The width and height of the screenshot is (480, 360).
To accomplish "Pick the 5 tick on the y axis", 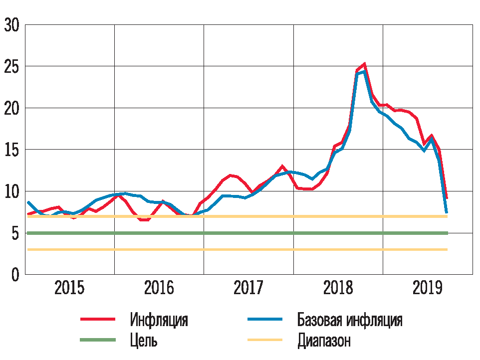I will [15, 233].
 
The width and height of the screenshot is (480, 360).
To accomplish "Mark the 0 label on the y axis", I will [15, 275].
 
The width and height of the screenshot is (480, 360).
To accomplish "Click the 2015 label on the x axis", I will [69, 289].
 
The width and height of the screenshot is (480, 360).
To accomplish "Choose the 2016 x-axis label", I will [159, 289].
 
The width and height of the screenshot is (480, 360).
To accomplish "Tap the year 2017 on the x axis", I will [248, 289].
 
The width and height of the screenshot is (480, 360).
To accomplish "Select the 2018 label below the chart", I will [338, 289].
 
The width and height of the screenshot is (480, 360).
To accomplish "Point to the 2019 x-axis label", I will [428, 289].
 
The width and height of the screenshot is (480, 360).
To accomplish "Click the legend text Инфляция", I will [159, 320].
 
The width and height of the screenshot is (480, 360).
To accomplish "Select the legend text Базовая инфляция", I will [349, 320].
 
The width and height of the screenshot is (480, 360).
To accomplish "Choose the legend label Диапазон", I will [324, 341].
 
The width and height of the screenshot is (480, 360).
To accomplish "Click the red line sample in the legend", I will [98, 319].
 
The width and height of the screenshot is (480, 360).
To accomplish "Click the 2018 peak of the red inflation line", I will [364, 64].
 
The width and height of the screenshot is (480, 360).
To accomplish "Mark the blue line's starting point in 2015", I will [28, 202].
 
